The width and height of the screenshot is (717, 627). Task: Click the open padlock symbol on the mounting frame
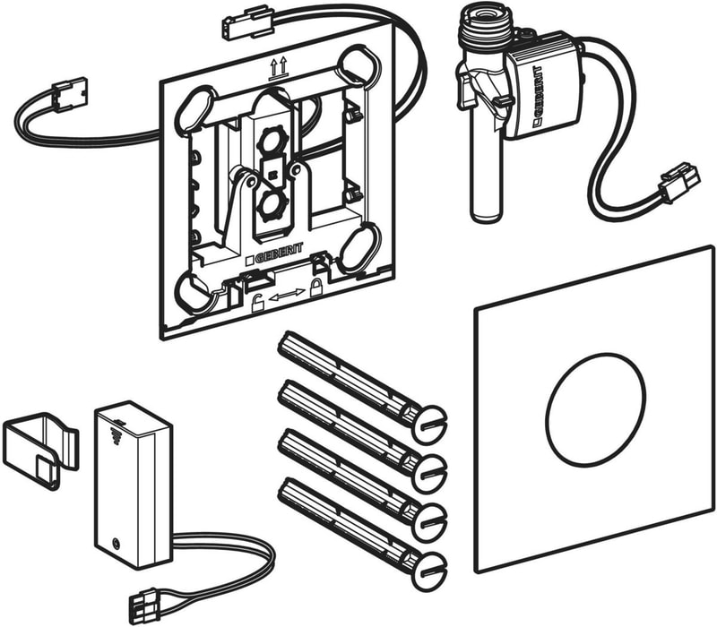coord(257,304)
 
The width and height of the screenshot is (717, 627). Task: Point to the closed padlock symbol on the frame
coord(316,288)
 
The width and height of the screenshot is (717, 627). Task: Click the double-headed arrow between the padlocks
coord(287,296)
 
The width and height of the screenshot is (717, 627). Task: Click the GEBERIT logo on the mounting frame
coord(274,254)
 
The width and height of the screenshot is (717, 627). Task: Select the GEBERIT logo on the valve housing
coord(538,95)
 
